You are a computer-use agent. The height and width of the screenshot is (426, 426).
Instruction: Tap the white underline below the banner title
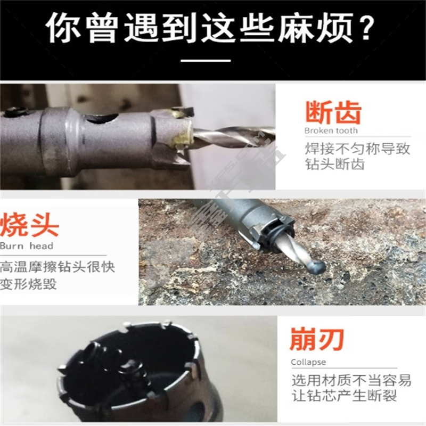206,60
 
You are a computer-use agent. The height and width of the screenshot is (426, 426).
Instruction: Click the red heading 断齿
333,112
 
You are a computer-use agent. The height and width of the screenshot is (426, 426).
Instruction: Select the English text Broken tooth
331,130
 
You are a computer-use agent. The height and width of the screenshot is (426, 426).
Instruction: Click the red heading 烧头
29,225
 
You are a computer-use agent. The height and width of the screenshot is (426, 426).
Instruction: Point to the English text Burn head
27,246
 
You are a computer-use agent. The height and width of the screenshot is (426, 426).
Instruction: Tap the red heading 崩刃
317,339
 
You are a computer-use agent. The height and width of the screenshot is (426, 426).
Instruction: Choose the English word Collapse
308,362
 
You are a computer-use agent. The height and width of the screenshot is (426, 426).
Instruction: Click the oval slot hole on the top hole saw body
101,118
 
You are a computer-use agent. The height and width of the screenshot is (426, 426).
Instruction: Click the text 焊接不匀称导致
357,149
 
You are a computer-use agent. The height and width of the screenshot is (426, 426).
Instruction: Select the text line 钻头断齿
335,164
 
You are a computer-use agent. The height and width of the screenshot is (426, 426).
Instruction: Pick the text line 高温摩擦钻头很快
58,267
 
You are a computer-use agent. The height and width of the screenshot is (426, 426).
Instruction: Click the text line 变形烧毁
28,284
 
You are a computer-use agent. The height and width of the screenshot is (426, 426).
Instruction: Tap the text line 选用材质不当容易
351,380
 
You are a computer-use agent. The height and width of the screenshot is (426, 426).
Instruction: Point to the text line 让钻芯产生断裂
344,396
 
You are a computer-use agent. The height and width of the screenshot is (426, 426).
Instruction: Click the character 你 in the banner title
63,27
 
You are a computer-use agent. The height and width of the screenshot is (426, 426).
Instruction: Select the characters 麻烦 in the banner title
315,27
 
